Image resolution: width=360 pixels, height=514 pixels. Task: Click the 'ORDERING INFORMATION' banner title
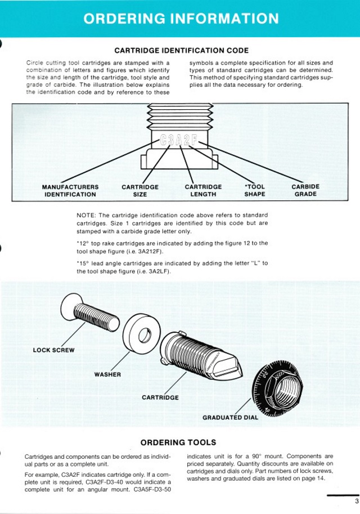point(180,19)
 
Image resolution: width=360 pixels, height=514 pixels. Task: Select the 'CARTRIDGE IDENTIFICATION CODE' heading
point(181,51)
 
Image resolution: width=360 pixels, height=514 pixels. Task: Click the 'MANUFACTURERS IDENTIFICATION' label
point(70,191)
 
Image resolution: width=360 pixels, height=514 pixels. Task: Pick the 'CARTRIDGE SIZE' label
point(140,191)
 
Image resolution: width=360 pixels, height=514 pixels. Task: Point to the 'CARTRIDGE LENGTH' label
point(203,191)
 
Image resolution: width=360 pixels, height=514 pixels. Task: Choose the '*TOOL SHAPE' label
point(255,191)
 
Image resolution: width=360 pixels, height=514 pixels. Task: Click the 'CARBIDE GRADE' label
point(305,191)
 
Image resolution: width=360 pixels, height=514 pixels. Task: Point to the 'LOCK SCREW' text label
point(54,350)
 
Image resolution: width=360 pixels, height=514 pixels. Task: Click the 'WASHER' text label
point(107,374)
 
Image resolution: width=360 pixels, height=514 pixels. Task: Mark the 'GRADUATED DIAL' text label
point(230,418)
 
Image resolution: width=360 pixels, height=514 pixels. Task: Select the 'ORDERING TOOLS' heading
point(178,443)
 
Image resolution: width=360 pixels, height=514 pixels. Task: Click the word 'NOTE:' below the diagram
point(86,216)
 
